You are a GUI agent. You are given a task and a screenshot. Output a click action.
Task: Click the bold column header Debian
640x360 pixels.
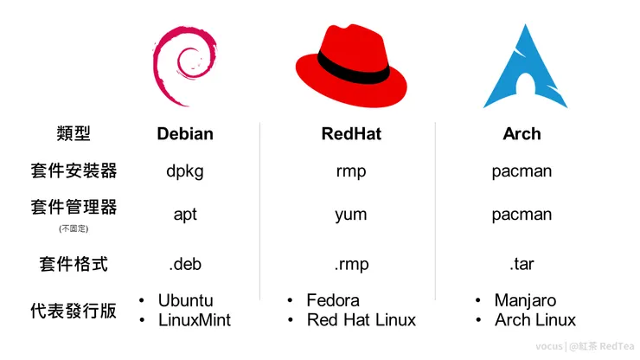point(185,134)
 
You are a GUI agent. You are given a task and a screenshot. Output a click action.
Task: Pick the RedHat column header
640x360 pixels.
point(351,134)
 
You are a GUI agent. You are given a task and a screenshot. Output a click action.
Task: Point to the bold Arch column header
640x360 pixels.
point(522,134)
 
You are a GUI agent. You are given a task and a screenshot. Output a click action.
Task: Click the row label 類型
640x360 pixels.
point(74,133)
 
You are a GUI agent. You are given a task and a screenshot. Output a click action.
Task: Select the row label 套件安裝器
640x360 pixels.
point(74,170)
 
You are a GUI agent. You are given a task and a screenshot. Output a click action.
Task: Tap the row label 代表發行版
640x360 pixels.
point(74,310)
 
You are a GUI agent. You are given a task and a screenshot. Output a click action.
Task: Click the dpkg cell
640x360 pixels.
point(185,171)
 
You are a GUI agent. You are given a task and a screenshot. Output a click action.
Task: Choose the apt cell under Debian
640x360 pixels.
point(185,215)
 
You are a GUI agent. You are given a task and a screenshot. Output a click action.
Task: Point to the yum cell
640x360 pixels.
point(351,215)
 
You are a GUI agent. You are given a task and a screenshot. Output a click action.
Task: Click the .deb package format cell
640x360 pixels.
point(185,264)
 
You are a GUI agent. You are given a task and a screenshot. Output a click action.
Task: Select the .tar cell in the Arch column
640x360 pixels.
point(522,264)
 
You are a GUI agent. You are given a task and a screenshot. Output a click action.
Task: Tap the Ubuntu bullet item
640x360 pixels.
point(185,300)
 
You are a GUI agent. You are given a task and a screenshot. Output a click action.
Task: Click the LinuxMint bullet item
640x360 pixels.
point(194,320)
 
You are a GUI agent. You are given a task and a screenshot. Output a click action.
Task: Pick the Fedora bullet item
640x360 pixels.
point(333,300)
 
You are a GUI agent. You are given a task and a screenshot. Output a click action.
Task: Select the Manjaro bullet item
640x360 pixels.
point(525,300)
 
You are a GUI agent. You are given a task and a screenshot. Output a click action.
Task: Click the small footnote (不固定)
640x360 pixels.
point(74,228)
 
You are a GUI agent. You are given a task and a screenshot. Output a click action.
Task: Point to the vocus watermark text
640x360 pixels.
point(548,345)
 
